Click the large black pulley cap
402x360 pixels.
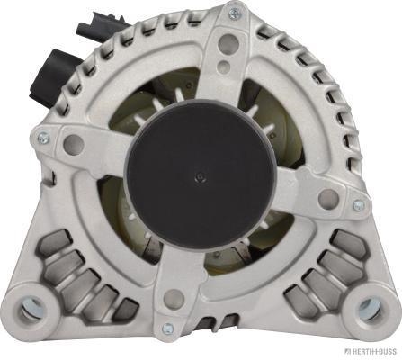[200, 174]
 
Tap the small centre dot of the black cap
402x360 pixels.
[201, 177]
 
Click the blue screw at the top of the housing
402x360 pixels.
[234, 13]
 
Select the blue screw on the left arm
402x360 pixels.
[44, 138]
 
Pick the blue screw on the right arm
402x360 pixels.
[359, 205]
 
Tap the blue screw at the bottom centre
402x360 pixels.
[167, 329]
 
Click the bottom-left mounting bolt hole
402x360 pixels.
[32, 309]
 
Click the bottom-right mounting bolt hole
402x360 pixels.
[370, 309]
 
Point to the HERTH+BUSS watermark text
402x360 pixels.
[371, 351]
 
